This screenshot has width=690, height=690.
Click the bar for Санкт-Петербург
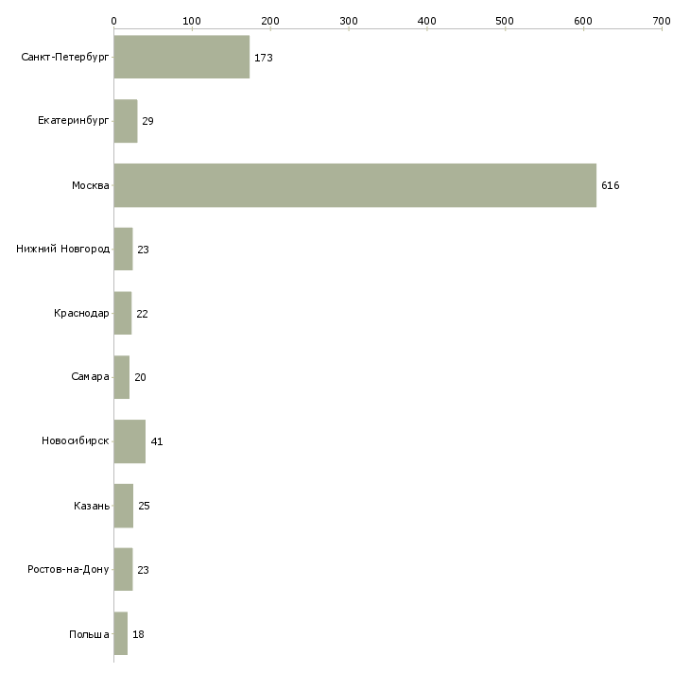click(x=181, y=57)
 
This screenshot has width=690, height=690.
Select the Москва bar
click(x=355, y=185)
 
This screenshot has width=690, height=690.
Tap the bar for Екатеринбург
click(x=126, y=121)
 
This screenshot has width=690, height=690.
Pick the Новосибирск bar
click(x=129, y=441)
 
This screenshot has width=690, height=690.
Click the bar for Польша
click(x=121, y=633)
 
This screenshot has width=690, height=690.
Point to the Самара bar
click(x=122, y=377)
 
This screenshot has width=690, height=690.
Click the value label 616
click(x=611, y=185)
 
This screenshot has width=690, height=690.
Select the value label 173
click(x=264, y=58)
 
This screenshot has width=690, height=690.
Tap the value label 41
click(x=157, y=441)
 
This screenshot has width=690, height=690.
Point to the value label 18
click(x=138, y=634)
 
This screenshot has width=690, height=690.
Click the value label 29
click(x=147, y=121)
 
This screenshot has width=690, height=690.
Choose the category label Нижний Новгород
click(x=63, y=250)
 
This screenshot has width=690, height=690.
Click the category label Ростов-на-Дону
click(x=68, y=569)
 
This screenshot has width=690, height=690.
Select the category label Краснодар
click(x=81, y=313)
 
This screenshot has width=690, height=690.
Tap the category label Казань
click(x=92, y=506)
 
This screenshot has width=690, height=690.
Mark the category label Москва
click(x=90, y=185)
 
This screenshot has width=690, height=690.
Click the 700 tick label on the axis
click(x=662, y=21)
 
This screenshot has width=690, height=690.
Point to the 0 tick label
click(x=114, y=21)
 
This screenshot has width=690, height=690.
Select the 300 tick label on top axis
click(x=349, y=21)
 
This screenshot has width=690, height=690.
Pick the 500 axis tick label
click(x=505, y=21)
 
